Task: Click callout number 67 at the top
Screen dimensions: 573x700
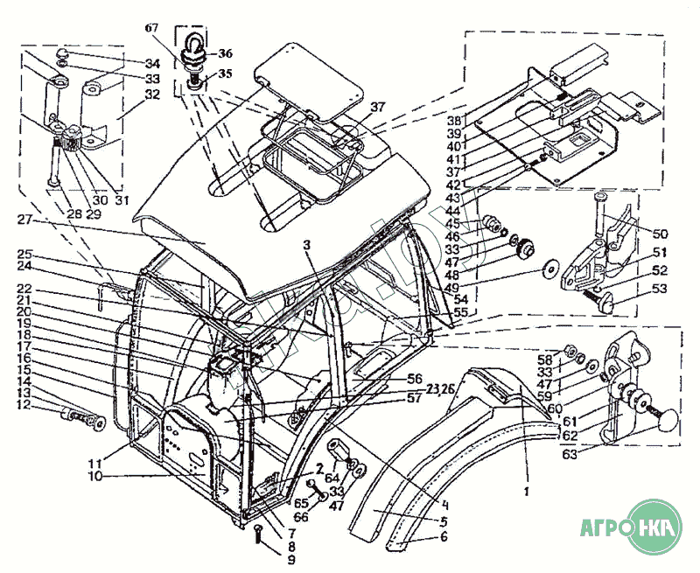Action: [153, 29]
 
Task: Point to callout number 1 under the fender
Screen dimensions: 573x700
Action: [526, 493]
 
